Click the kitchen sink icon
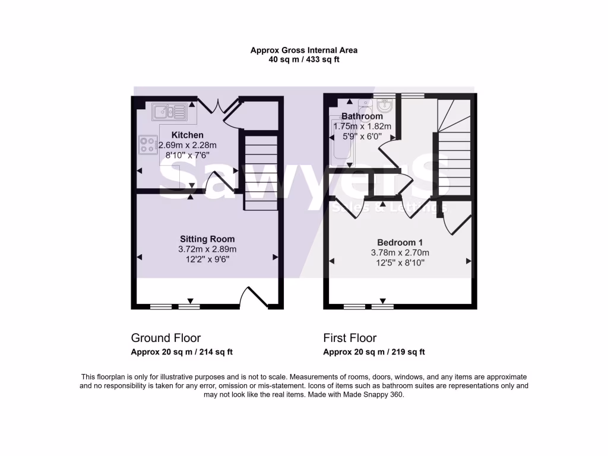[x=170, y=111]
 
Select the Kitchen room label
[x=187, y=135]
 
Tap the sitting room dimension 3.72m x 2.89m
[x=208, y=249]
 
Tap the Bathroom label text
[x=362, y=116]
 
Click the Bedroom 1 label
[x=400, y=242]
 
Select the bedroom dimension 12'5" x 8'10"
[x=400, y=262]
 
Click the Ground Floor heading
[x=166, y=338]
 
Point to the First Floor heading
[x=350, y=338]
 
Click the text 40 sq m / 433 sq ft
[x=304, y=59]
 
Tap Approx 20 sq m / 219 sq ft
[x=374, y=351]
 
